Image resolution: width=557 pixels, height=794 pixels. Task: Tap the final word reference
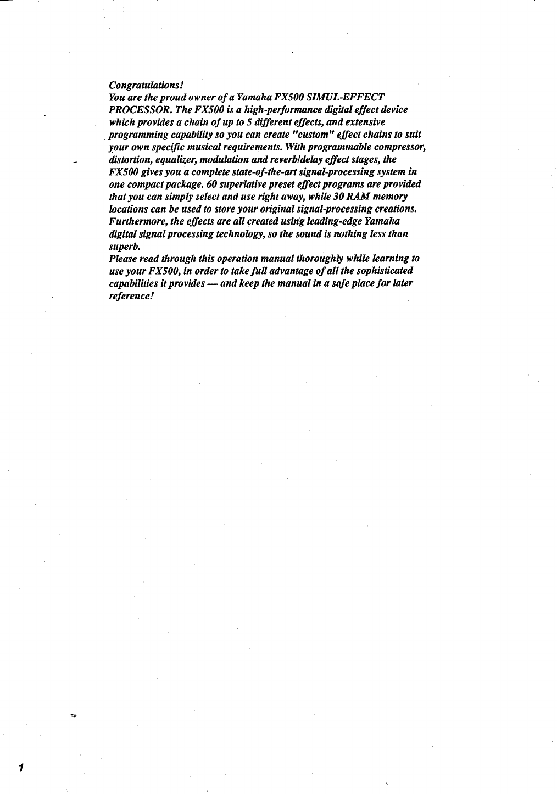coord(129,296)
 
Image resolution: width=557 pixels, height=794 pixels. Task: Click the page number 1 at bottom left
coord(19,768)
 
